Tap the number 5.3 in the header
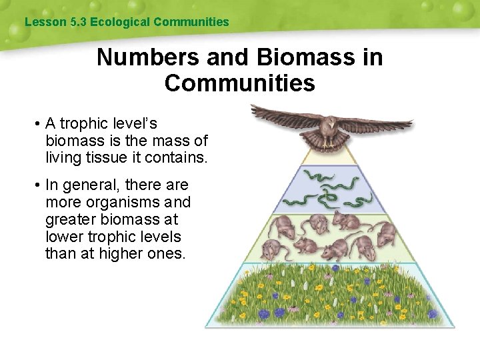[78, 22]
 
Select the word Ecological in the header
[120, 22]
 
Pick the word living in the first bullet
[65, 158]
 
